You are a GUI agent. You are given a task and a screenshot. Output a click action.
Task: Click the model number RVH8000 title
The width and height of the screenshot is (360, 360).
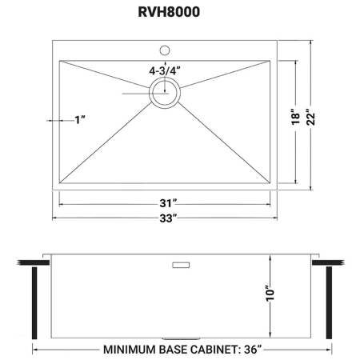click(169, 12)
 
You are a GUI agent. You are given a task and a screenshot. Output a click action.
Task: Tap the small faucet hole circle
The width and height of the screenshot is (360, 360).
click(165, 50)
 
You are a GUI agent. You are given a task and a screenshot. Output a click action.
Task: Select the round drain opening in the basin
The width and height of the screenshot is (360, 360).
click(165, 93)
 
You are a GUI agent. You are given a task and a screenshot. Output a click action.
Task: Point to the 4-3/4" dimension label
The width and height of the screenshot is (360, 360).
click(165, 71)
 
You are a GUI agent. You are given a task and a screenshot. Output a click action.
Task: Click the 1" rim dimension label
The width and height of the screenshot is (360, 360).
click(80, 120)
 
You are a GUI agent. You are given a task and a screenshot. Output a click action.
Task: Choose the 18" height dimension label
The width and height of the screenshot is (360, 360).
click(295, 117)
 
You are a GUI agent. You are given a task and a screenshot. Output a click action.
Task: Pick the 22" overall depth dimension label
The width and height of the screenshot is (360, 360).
click(310, 117)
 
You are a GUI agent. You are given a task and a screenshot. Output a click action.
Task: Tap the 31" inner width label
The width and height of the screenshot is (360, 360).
click(168, 203)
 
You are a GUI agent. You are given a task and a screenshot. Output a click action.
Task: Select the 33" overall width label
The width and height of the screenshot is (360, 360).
click(168, 218)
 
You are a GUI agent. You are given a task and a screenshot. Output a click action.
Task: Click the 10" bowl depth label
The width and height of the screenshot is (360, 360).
click(270, 294)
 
